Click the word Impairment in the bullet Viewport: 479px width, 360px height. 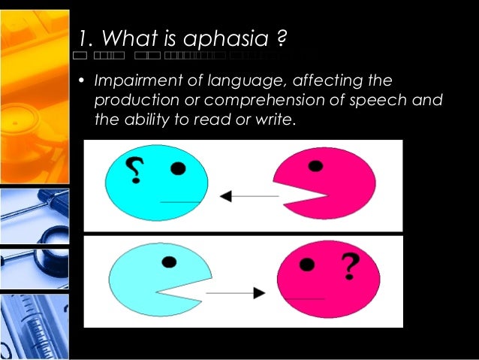(x=132, y=80)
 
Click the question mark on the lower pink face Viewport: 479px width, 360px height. (x=349, y=265)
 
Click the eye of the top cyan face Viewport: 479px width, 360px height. (x=178, y=168)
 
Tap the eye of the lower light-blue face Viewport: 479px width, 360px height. (x=170, y=262)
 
